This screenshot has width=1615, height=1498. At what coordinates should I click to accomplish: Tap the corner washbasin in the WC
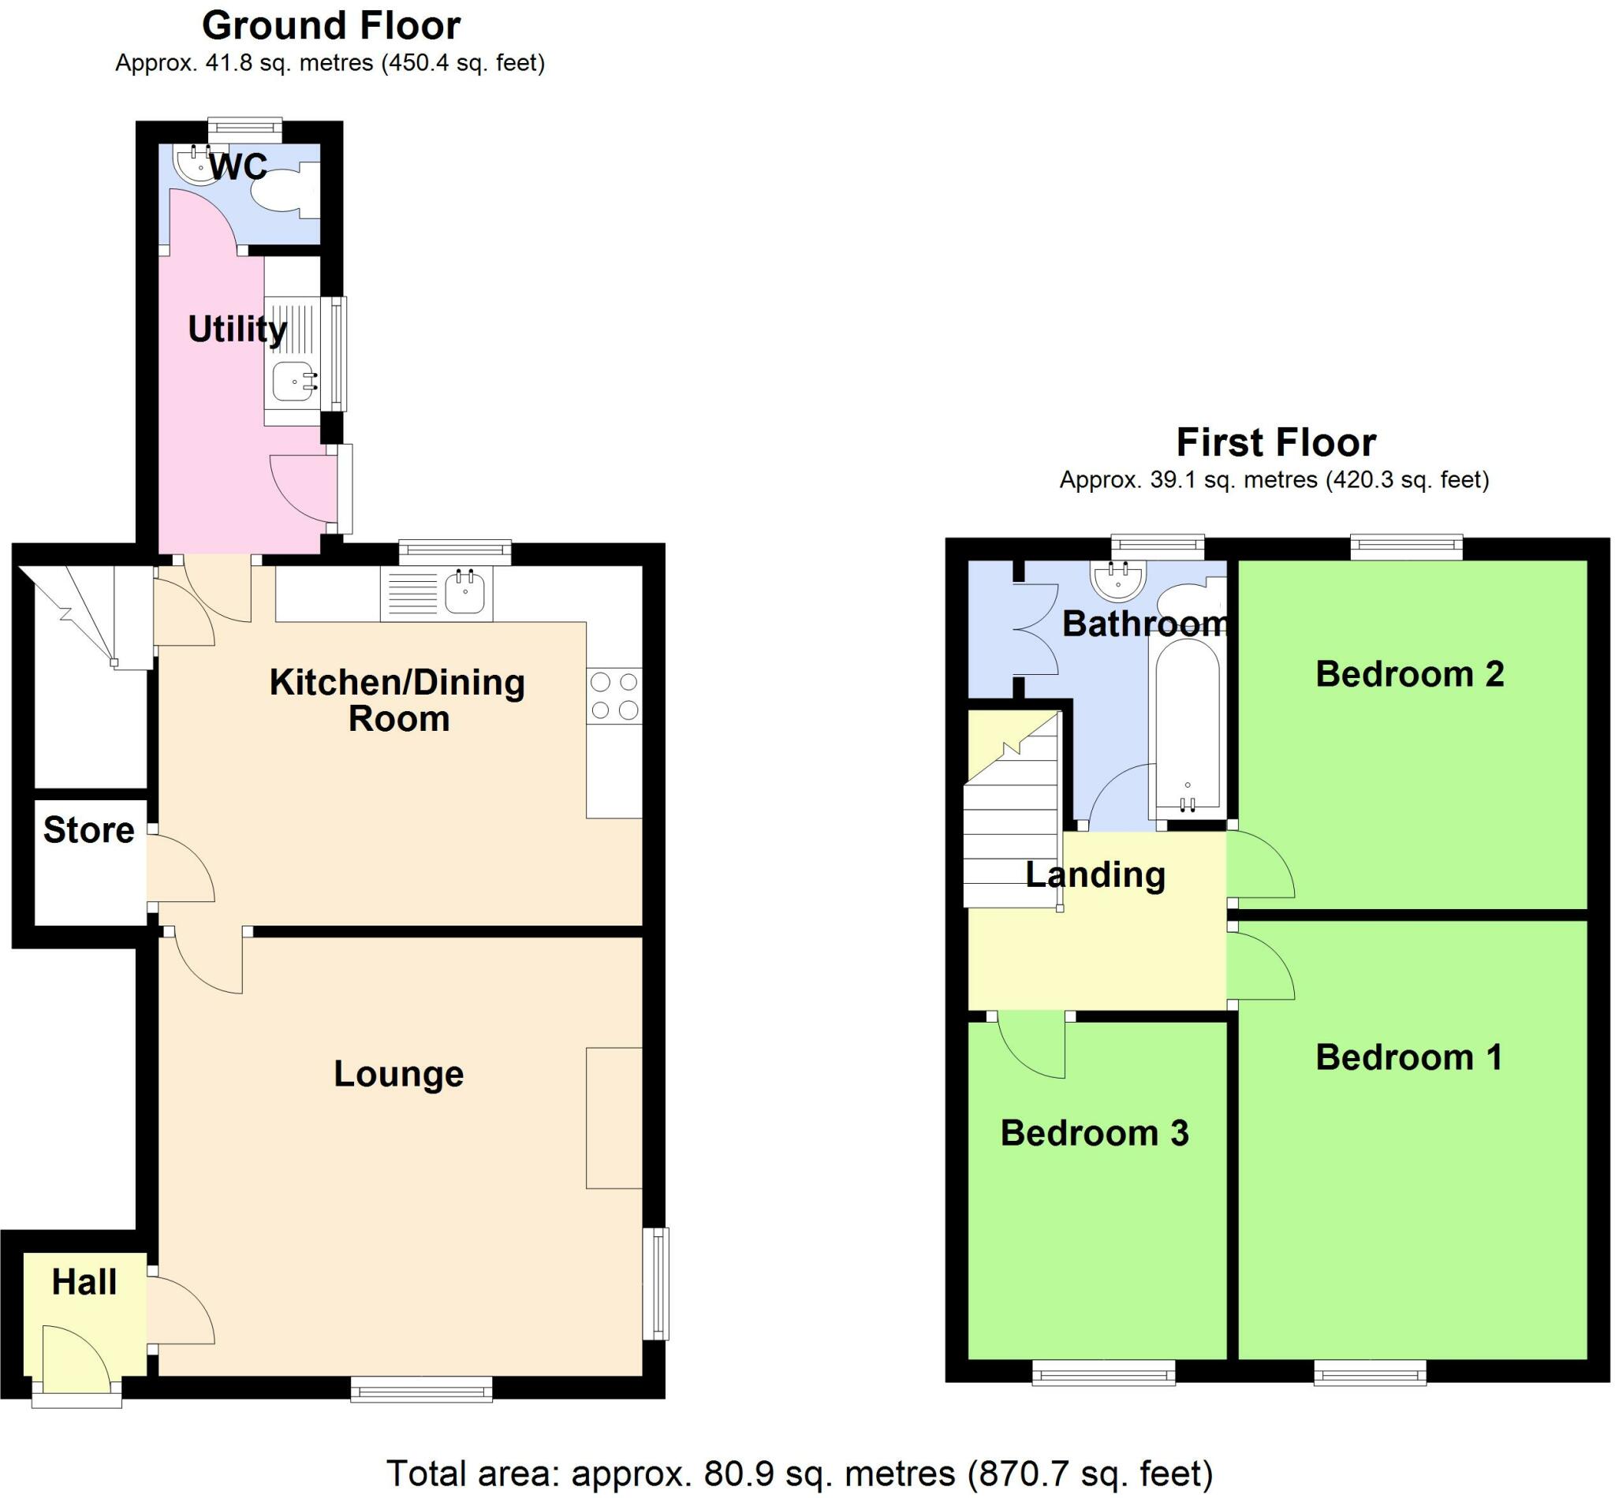(195, 163)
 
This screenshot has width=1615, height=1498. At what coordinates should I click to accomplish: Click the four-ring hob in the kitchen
(614, 696)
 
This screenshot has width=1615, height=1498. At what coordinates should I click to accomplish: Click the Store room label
(88, 830)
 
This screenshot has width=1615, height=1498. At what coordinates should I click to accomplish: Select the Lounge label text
(399, 1074)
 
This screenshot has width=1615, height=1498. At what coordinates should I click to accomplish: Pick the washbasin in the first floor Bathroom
(1120, 579)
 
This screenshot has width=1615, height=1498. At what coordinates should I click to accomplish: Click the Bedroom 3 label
(1095, 1133)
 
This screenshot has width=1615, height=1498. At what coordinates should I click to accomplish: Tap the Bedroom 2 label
(1409, 674)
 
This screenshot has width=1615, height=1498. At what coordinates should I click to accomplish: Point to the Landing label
(1095, 874)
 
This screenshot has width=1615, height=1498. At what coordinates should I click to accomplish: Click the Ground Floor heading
(330, 26)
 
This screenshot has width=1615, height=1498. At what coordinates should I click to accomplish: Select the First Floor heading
(1275, 442)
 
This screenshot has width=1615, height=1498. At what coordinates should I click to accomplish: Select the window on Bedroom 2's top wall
(1406, 548)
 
